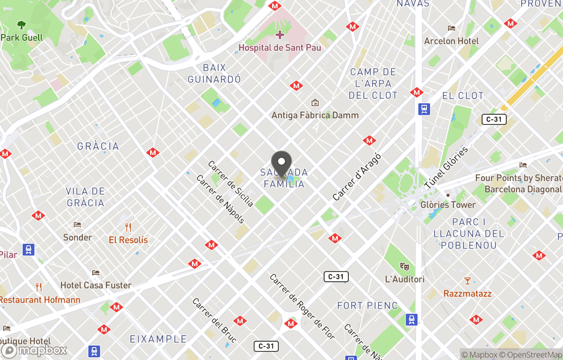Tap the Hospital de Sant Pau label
pyautogui.click(x=279, y=47)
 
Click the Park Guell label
pyautogui.click(x=21, y=38)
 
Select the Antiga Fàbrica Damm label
pyautogui.click(x=315, y=115)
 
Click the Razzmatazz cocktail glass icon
pyautogui.click(x=467, y=281)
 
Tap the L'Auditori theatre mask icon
pyautogui.click(x=405, y=267)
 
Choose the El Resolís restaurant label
pyautogui.click(x=128, y=240)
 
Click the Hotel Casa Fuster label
pyautogui.click(x=96, y=285)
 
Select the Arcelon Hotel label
pyautogui.click(x=451, y=41)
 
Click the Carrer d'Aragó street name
pyautogui.click(x=357, y=177)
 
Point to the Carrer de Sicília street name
pyautogui.click(x=230, y=184)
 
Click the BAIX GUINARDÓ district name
pyautogui.click(x=214, y=74)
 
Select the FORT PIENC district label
pyautogui.click(x=367, y=306)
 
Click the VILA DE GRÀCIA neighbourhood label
pyautogui.click(x=85, y=197)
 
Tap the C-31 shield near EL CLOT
pyautogui.click(x=494, y=119)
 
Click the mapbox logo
pyautogui.click(x=34, y=350)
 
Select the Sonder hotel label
pyautogui.click(x=78, y=237)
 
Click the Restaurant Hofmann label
pyautogui.click(x=40, y=299)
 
